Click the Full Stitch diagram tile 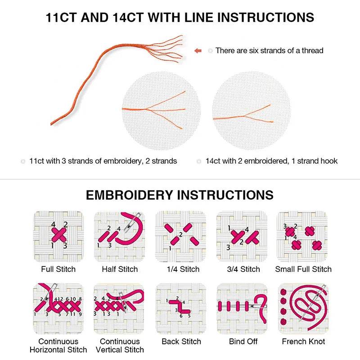tap(58, 236)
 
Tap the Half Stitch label tap(119, 269)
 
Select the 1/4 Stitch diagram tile tap(180, 236)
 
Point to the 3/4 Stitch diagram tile tap(242, 236)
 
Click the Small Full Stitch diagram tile tap(303, 236)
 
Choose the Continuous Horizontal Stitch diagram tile tap(58, 308)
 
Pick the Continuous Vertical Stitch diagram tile tap(119, 308)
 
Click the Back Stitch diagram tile tap(180, 308)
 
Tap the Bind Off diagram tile tap(242, 308)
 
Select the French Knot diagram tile tap(303, 308)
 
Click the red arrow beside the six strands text tap(198, 51)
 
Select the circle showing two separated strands tap(248, 108)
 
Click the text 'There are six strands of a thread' tap(269, 51)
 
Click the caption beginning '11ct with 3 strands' tap(103, 161)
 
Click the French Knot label tap(303, 342)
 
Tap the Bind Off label tap(242, 342)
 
